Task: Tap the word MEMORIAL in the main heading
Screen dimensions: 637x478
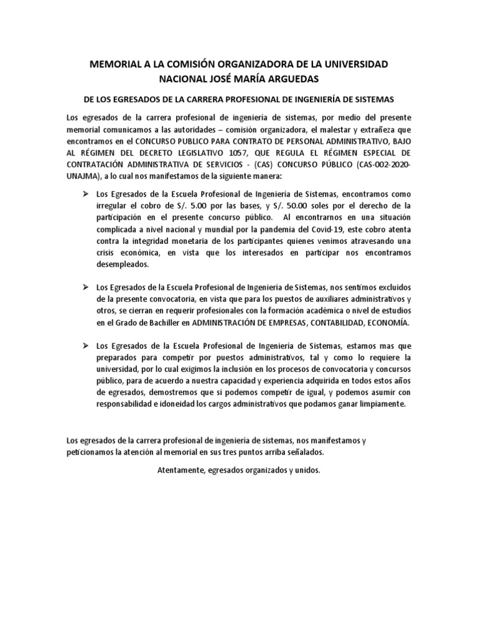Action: (x=119, y=64)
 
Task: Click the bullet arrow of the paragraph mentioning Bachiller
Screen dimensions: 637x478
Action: (x=87, y=287)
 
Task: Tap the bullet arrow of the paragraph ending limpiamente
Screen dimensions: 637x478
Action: (x=87, y=345)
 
